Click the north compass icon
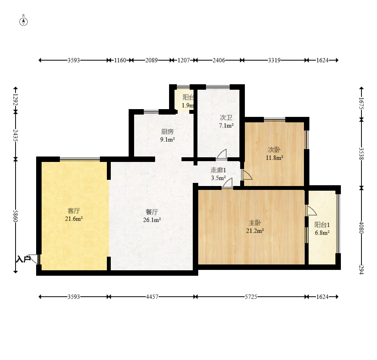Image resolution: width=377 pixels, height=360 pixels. tap(24, 21)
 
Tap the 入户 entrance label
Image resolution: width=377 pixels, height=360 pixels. tap(23, 259)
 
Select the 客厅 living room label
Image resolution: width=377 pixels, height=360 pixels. tap(73, 211)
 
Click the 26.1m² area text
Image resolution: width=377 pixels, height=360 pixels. tap(152, 220)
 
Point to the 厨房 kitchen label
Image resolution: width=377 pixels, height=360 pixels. tap(168, 131)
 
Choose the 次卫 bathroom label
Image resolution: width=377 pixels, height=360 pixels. tap(226, 118)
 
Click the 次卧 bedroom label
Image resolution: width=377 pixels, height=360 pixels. tap(274, 150)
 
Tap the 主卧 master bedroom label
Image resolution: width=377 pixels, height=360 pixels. tap(255, 223)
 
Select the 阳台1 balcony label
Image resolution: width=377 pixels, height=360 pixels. tap(322, 225)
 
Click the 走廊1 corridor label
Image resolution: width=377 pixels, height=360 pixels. tap(218, 170)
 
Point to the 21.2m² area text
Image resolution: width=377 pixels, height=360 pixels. tap(255, 231)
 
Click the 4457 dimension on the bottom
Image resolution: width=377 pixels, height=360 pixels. tap(152, 297)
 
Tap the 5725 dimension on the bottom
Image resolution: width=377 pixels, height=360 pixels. tap(251, 297)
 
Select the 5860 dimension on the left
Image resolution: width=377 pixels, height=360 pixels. tap(16, 216)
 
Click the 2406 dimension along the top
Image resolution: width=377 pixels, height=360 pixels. tap(218, 60)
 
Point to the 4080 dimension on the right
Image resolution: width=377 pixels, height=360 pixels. tap(361, 227)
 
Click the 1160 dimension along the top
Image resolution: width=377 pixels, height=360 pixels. tap(120, 60)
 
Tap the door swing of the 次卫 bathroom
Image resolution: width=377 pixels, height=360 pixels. tap(222, 154)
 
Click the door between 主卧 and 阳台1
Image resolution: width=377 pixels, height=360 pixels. tap(311, 210)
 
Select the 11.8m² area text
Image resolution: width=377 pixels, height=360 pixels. tap(274, 158)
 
